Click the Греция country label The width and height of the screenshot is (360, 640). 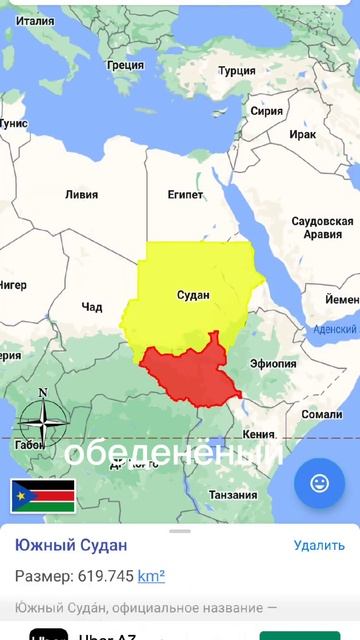pos(125,65)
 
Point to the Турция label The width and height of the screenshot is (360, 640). pos(237,71)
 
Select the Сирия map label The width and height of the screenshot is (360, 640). pos(267,111)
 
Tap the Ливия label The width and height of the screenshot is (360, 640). pos(81,194)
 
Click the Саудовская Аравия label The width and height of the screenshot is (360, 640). pos(322,227)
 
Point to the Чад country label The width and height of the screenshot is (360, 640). pos(92,306)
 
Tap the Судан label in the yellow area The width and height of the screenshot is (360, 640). pos(193,295)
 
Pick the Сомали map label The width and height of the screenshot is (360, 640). pos(322,414)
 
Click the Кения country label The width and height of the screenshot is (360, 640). pos(258,435)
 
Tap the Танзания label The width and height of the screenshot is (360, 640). pos(233,495)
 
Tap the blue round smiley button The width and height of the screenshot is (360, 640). pos(320,484)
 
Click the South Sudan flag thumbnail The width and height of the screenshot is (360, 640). pos(43,495)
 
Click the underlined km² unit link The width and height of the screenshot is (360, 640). pos(151,576)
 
